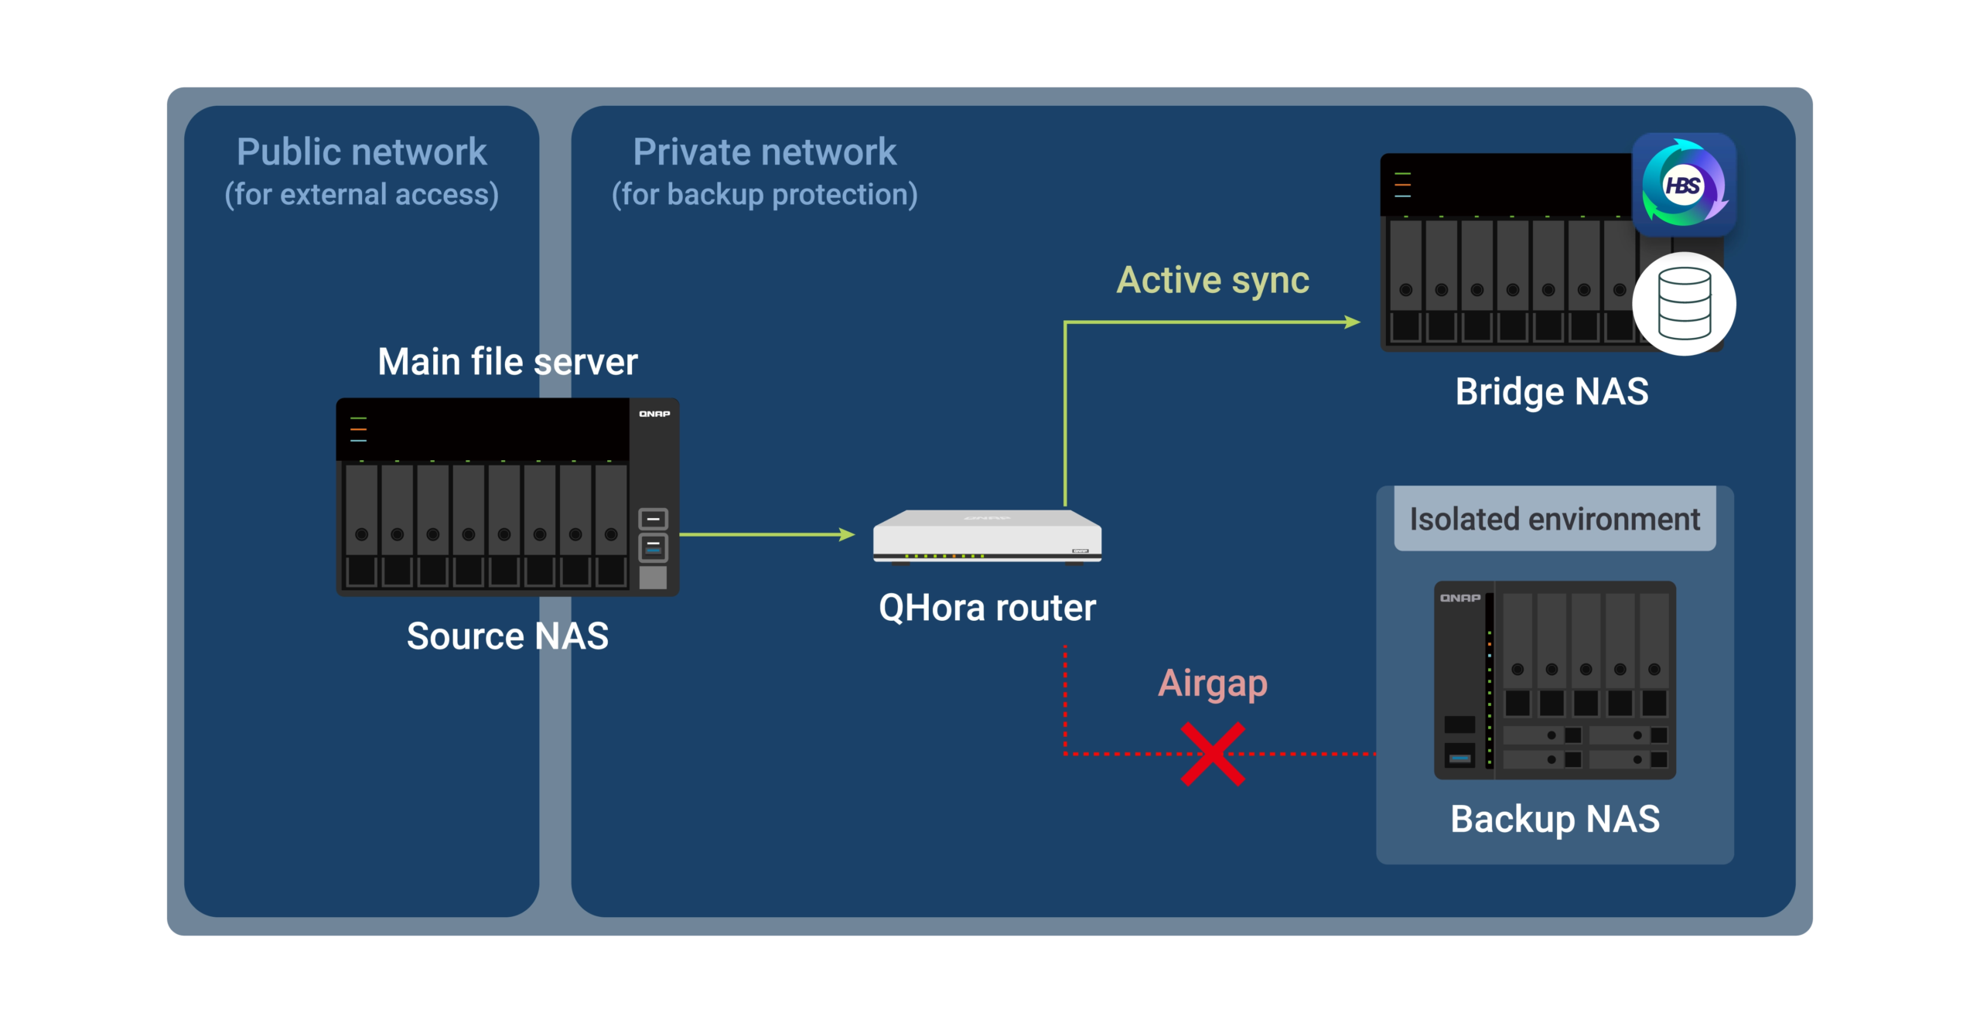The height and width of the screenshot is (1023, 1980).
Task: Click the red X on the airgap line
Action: tap(1213, 754)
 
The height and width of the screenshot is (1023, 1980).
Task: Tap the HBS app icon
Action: tap(1684, 185)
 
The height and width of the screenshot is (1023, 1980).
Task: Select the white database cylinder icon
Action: tap(1684, 304)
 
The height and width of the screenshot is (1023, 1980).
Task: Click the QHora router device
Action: tap(987, 536)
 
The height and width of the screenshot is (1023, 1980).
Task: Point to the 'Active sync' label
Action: tap(1213, 280)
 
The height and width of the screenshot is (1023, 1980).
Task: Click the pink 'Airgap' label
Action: tap(1213, 684)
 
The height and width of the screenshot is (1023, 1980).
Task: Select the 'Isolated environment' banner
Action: tap(1555, 519)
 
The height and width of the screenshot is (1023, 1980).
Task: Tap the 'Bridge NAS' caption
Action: tap(1552, 391)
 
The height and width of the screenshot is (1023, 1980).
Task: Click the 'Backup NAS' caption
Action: tap(1555, 819)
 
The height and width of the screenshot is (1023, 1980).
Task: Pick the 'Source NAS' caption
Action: tap(507, 636)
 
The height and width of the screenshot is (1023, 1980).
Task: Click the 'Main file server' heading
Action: tap(507, 362)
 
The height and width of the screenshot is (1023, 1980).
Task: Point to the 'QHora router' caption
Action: tap(987, 608)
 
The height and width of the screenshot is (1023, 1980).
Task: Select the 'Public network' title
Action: tap(361, 152)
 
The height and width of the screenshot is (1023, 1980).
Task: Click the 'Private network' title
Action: tap(764, 152)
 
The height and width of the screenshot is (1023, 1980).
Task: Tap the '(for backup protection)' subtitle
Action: tap(764, 195)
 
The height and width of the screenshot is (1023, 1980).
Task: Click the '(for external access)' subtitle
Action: tap(361, 195)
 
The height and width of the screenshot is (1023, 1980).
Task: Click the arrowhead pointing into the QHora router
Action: tap(848, 534)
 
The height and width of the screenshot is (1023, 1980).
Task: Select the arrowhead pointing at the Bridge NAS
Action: tap(1353, 322)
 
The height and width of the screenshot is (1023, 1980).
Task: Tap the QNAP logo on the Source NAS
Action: tap(654, 414)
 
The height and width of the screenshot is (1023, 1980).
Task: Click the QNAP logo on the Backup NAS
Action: tap(1460, 598)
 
